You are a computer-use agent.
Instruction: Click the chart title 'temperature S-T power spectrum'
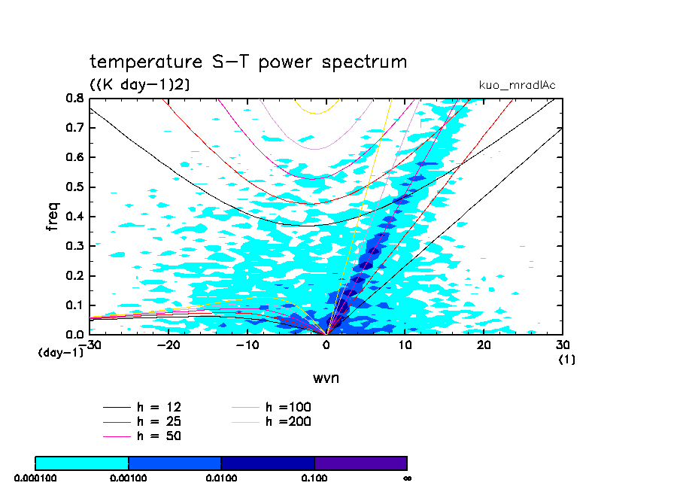[248, 62]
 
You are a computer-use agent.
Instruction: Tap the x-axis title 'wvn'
[326, 378]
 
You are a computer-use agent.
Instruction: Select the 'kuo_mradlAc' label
[517, 85]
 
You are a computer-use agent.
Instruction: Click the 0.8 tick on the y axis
[74, 98]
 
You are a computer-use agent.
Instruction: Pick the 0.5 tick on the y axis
[74, 187]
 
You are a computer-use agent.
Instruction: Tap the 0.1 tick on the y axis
[74, 305]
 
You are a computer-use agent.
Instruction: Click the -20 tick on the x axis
[168, 345]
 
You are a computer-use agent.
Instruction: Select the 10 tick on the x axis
[405, 345]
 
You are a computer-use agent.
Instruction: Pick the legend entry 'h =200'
[288, 421]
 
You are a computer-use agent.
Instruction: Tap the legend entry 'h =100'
[288, 407]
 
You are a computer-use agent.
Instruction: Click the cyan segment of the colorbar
[82, 463]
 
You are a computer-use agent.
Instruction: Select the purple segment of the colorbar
[360, 463]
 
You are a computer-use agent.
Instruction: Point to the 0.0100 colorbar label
[221, 477]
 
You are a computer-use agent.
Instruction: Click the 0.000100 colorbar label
[35, 477]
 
